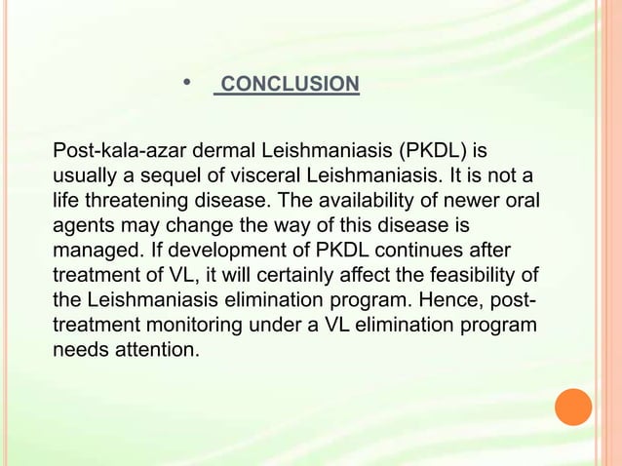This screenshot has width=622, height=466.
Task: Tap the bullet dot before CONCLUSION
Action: click(x=187, y=83)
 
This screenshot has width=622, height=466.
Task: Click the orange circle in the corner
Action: click(x=573, y=408)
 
